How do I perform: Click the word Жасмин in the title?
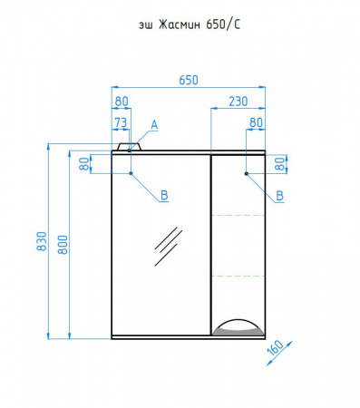click(x=180, y=24)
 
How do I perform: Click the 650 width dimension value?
click(x=189, y=81)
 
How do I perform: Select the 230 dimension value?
click(x=238, y=102)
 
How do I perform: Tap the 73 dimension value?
click(x=121, y=122)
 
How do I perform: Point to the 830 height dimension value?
click(x=42, y=241)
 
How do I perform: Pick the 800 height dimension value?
click(x=63, y=245)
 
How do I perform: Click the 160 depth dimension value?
click(x=276, y=348)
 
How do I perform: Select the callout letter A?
click(x=154, y=124)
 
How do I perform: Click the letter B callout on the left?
click(x=164, y=195)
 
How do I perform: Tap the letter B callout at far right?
click(x=280, y=196)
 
